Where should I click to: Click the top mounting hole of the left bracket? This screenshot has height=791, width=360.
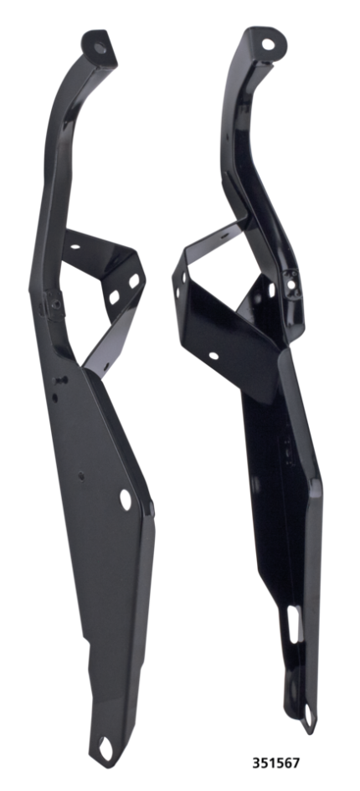pyautogui.click(x=100, y=48)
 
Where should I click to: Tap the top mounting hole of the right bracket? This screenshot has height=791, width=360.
pyautogui.click(x=268, y=44)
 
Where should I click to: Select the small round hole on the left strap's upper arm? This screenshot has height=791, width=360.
pyautogui.click(x=75, y=247)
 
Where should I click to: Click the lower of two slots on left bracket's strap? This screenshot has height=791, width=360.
pyautogui.click(x=115, y=298)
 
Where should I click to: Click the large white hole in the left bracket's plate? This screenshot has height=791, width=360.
pyautogui.click(x=126, y=499)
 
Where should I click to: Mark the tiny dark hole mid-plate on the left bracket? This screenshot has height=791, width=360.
pyautogui.click(x=81, y=475)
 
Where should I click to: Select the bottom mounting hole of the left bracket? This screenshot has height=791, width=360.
pyautogui.click(x=105, y=747)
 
